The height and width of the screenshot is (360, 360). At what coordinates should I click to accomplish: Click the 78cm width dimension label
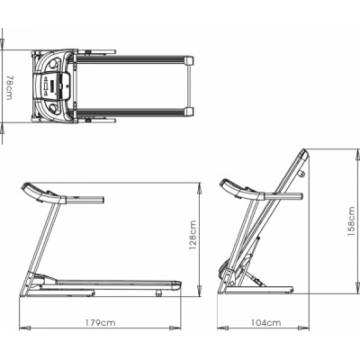point(9,87)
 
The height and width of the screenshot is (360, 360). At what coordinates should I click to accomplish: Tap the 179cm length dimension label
point(100,323)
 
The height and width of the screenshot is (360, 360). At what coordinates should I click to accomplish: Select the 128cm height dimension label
point(193,235)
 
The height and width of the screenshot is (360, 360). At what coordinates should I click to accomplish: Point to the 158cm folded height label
point(351,221)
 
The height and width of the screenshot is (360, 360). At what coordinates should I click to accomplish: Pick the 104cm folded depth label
point(266,323)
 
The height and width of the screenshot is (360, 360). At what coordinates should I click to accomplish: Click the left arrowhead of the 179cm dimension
point(25,328)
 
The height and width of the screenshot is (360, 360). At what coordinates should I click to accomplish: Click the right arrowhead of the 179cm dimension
point(175,328)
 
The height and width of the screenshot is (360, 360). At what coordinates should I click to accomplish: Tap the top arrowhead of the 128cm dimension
point(199,188)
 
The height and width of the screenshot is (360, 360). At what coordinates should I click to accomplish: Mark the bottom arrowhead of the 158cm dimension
point(356,288)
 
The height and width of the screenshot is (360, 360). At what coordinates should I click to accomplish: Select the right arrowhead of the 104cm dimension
point(303,328)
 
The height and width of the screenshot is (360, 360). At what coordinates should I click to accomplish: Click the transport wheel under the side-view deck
point(158,293)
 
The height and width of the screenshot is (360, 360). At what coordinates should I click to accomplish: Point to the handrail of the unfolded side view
point(85,200)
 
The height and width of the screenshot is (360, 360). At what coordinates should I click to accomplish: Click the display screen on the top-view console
point(53,87)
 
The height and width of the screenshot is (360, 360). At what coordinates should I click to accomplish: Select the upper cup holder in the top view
point(54,64)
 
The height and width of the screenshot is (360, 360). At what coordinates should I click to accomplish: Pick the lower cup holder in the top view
point(54,109)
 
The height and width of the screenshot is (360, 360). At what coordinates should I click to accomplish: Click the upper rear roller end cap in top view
point(189,60)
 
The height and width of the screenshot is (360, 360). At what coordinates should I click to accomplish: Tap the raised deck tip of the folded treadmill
point(302,155)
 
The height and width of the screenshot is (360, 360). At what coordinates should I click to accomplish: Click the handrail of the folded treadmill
point(283,196)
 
